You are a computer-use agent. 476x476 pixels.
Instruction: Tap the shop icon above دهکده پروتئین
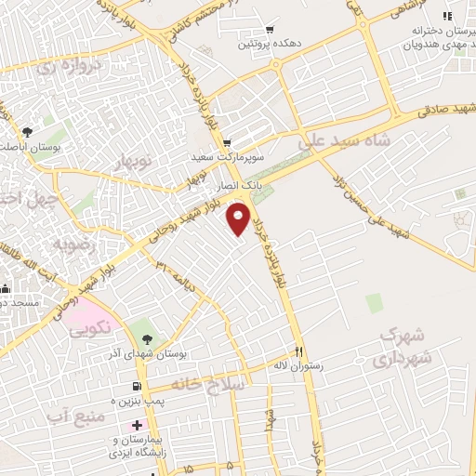point(270,29)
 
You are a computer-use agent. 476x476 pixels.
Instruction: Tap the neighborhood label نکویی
point(91,326)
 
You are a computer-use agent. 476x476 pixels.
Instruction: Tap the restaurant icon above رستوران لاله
point(299,351)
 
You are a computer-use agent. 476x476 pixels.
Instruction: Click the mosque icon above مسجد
point(6,289)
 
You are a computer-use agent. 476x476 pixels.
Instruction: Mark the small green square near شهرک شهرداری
point(374,303)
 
